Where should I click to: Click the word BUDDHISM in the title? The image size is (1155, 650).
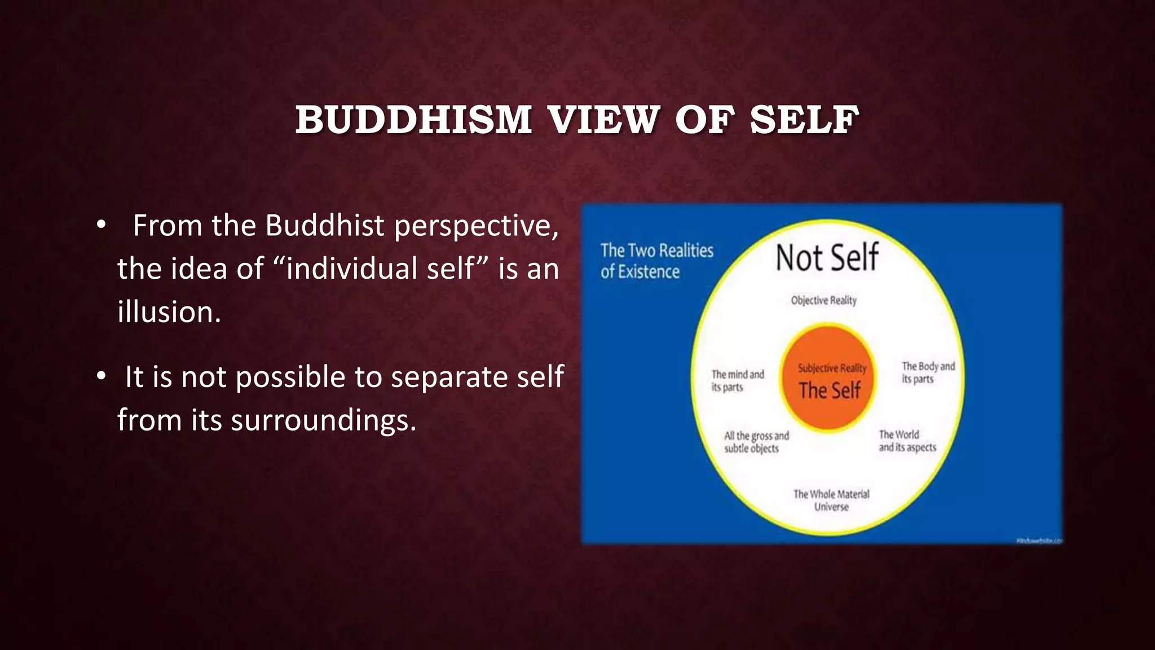point(413,120)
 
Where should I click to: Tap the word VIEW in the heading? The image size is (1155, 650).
point(603,120)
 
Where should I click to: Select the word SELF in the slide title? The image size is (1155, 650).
point(804,120)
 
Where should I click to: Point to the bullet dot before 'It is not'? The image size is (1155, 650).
point(101,377)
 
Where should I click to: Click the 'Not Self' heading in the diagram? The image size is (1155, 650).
point(827,258)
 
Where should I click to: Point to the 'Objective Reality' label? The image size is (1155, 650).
point(823,300)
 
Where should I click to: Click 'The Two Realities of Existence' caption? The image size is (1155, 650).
point(656,261)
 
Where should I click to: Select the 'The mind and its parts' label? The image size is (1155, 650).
point(737,380)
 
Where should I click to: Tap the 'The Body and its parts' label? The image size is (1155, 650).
point(928,372)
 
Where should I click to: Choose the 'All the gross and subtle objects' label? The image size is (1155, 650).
point(756,442)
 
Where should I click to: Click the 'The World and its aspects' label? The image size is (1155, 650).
point(907,441)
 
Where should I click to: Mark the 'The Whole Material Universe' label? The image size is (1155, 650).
point(831,500)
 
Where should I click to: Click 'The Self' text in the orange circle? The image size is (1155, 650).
point(829,390)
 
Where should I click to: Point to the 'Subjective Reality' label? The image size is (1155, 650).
point(832,368)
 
